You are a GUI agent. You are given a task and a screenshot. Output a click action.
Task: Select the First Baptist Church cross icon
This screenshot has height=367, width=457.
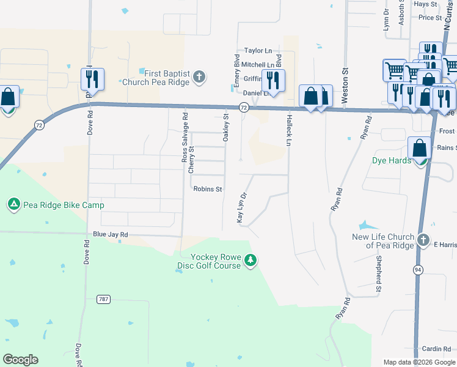coord(199,77)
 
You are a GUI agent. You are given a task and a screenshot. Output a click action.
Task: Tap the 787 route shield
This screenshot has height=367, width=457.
coord(103,299)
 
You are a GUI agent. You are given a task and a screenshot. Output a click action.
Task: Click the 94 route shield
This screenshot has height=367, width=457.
coord(418,269)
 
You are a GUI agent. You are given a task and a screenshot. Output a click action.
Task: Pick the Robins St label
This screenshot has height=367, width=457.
coord(208,190)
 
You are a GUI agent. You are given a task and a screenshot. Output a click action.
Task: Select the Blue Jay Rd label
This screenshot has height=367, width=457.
coord(111,234)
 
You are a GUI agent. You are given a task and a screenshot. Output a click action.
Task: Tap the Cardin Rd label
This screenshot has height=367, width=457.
coord(436,349)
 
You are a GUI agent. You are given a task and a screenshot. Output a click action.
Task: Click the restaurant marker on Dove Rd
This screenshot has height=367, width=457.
coord(92,79)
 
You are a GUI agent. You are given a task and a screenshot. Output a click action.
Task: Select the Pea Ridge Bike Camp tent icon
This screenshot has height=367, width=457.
coord(13,204)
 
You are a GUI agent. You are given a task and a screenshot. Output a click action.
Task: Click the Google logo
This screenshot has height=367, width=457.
coord(20,360)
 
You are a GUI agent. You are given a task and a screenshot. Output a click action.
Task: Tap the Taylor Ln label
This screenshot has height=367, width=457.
coord(258,51)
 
